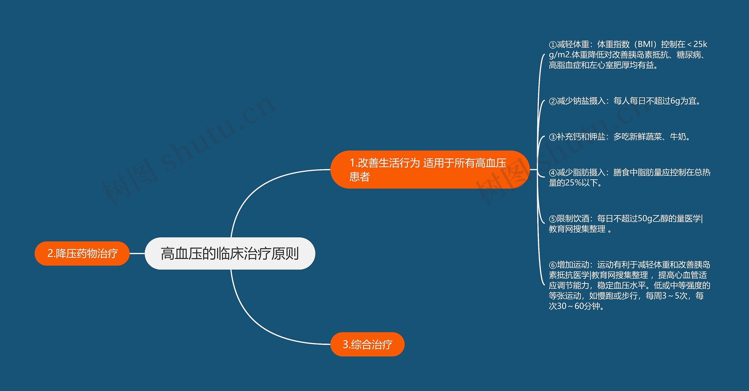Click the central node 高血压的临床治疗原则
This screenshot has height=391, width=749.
(x=230, y=253)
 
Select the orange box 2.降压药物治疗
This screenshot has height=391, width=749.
(x=82, y=253)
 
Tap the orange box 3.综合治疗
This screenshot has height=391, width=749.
(x=367, y=344)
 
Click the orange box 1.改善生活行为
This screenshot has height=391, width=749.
(x=430, y=169)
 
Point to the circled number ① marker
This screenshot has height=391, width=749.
(x=552, y=45)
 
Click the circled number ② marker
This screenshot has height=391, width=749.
(x=552, y=101)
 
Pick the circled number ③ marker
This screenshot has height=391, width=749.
(x=552, y=137)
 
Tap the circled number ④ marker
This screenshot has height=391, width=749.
(x=552, y=173)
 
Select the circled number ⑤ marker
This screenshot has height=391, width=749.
(x=552, y=219)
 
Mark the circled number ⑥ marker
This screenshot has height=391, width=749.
(x=552, y=265)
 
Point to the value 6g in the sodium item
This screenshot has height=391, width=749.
(x=675, y=101)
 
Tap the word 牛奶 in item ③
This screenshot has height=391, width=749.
(x=678, y=137)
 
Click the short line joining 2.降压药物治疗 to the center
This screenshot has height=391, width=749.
(x=137, y=253)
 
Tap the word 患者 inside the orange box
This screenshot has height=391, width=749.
(x=360, y=177)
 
